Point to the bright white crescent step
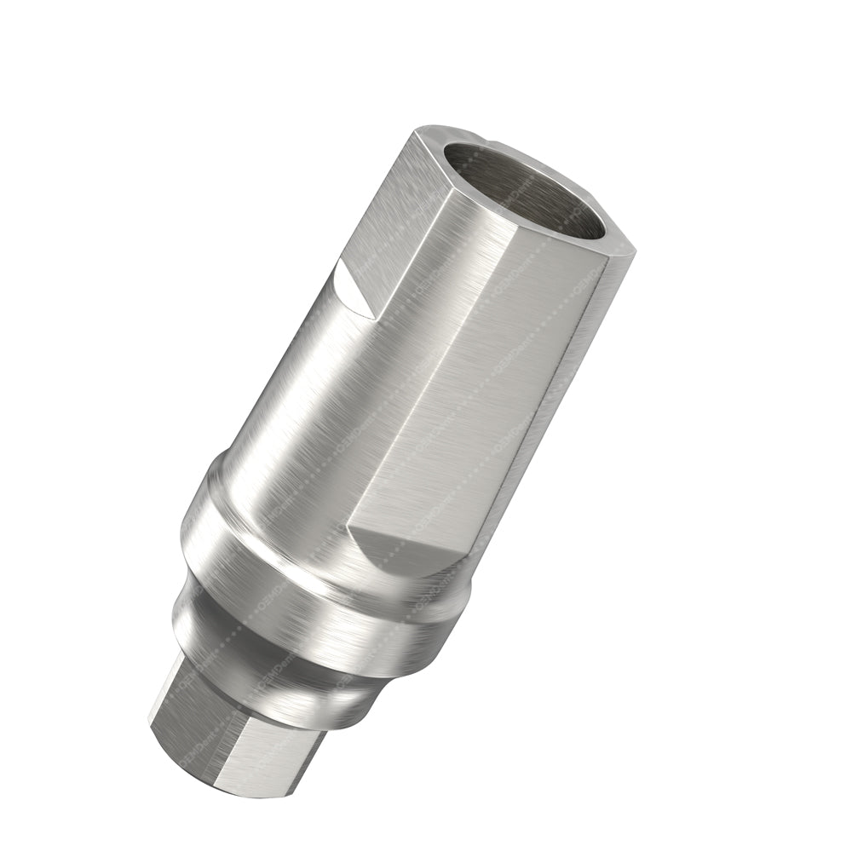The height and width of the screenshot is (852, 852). [353, 290]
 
